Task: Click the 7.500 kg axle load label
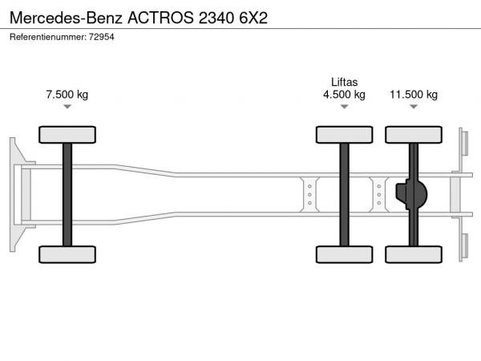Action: tap(67, 94)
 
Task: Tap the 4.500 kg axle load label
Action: tap(344, 94)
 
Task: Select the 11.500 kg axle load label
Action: tap(414, 94)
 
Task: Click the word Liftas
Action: tap(344, 82)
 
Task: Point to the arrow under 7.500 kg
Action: tap(67, 107)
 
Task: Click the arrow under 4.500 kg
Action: tap(344, 107)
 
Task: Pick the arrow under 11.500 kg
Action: tap(414, 107)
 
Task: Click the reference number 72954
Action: tap(102, 37)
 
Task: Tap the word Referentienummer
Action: tap(48, 37)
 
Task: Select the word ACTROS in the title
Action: tap(160, 18)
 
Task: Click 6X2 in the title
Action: tap(253, 18)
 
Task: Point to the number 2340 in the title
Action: tap(216, 18)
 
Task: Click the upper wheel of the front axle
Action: tap(67, 135)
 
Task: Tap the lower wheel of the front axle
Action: tap(67, 254)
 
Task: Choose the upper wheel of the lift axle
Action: tap(344, 135)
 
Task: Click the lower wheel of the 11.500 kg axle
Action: tap(414, 254)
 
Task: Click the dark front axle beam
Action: tap(67, 195)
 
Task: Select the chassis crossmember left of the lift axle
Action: tap(309, 194)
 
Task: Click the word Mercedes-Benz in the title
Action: tap(66, 18)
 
